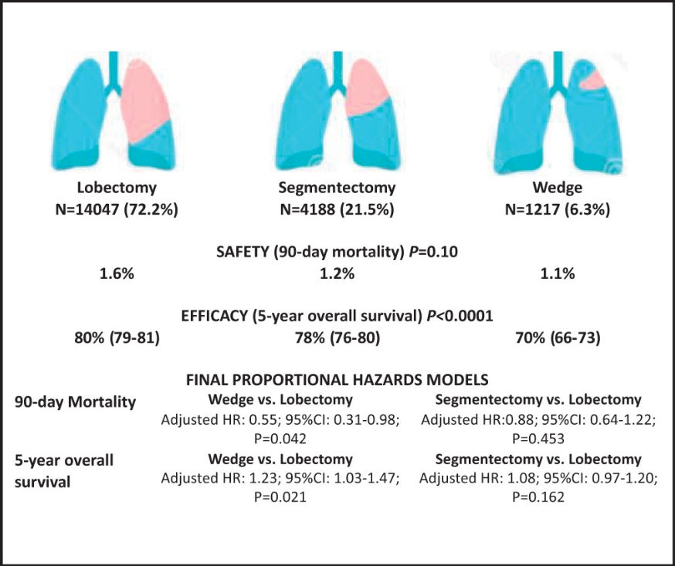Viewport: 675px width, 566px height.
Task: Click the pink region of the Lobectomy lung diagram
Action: [x=144, y=101]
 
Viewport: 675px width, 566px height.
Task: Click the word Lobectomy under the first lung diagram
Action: [x=117, y=188]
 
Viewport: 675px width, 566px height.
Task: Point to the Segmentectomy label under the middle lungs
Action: [x=337, y=188]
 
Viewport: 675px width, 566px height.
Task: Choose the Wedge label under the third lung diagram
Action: [x=558, y=188]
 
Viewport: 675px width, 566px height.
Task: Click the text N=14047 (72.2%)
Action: [x=117, y=209]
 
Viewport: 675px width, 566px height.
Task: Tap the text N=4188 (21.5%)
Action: [x=337, y=209]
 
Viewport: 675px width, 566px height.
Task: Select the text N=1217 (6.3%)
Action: [x=558, y=209]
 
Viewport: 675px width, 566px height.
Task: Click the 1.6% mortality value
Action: [x=117, y=273]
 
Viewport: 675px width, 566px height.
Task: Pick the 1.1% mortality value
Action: [x=558, y=273]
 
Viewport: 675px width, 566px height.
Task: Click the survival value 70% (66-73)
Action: [x=558, y=338]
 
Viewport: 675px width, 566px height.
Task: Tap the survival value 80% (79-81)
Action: [x=117, y=338]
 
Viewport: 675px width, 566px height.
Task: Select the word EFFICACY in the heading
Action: [x=214, y=317]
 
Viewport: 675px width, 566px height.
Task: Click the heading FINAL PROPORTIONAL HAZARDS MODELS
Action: [x=337, y=380]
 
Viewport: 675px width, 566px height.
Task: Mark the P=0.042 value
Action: [x=280, y=439]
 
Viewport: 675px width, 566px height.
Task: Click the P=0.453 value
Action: [x=538, y=439]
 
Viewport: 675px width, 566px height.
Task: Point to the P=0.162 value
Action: [x=538, y=497]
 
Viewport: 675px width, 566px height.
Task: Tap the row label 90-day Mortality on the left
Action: [x=76, y=402]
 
